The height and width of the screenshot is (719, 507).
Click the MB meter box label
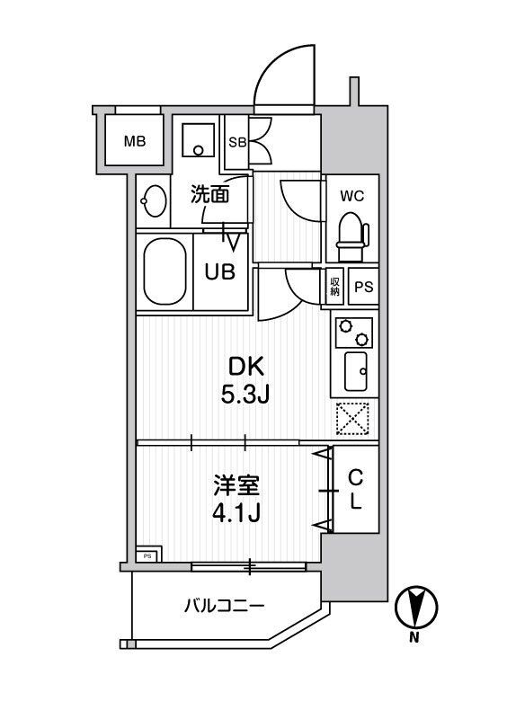[135, 141]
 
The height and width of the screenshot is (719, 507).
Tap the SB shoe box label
[236, 142]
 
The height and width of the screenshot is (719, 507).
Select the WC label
[351, 195]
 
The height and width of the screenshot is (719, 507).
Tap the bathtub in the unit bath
[164, 271]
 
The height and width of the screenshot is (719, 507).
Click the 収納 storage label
[334, 286]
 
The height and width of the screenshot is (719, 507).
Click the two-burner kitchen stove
[352, 333]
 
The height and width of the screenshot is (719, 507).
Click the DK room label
[244, 366]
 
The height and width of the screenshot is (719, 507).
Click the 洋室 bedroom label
[236, 486]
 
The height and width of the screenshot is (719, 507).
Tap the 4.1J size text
[236, 514]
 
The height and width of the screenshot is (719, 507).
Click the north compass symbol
[414, 607]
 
